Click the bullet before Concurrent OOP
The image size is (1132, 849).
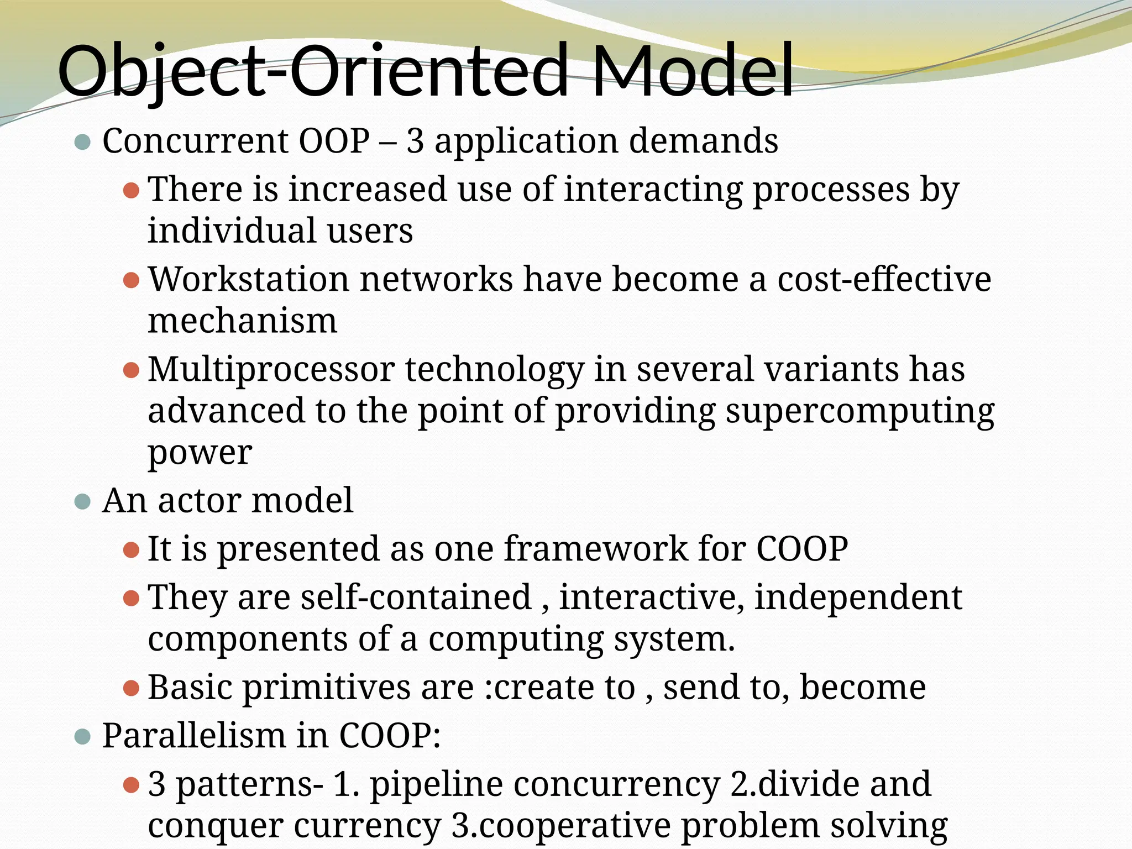82,141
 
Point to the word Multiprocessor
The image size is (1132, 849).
271,369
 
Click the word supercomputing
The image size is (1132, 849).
860,411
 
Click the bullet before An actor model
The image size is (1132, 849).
82,501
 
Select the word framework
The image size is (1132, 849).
595,549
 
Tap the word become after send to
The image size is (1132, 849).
862,688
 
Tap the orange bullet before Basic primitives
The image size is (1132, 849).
131,689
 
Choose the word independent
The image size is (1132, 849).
858,598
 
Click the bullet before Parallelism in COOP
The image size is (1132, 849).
82,736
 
